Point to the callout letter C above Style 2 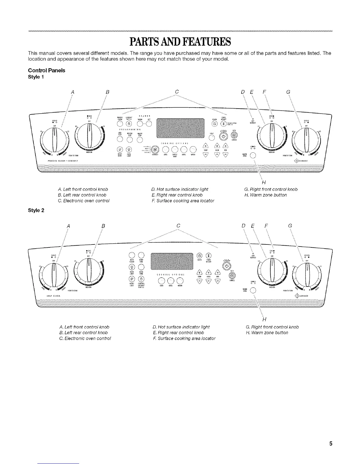click(178, 226)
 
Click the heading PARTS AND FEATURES click(180, 42)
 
